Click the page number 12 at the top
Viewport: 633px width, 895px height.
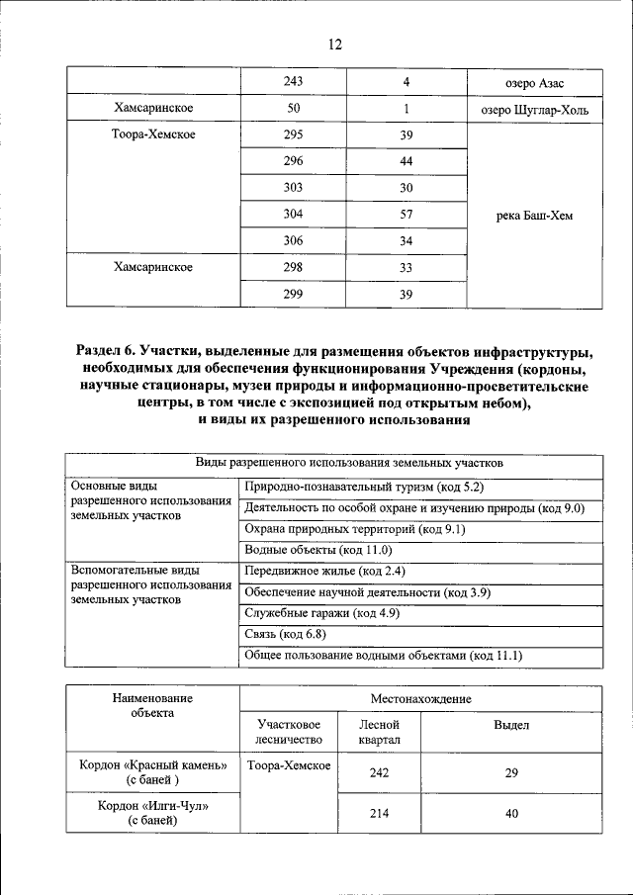[334, 44]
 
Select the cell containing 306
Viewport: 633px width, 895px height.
[293, 241]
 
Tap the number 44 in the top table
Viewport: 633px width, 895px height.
[406, 161]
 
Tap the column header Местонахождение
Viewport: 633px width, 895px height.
[420, 698]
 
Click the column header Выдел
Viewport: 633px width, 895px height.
[511, 725]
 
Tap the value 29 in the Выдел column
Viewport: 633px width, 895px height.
[511, 773]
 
